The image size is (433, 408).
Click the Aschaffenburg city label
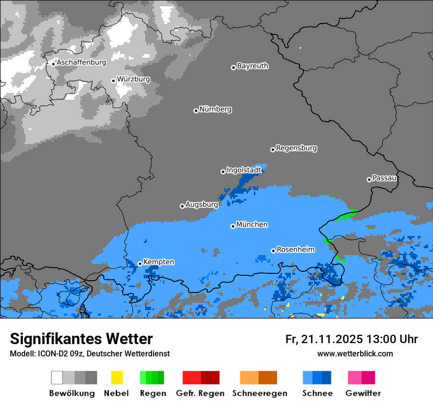[x=81, y=62]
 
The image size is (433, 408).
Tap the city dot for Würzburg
[x=113, y=81]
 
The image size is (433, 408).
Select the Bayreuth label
[x=252, y=66]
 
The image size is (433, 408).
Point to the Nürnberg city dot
[x=196, y=111]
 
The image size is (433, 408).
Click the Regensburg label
[x=296, y=148]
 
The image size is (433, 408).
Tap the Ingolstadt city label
[x=244, y=170]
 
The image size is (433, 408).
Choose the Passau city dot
[x=369, y=179]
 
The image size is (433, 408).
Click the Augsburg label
[x=201, y=204]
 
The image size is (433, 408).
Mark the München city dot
[x=233, y=226]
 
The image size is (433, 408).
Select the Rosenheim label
[x=295, y=250]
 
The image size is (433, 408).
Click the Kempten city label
[x=158, y=262]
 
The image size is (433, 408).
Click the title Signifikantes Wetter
[x=81, y=339]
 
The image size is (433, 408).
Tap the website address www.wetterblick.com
[x=355, y=353]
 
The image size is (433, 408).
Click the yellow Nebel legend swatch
[x=117, y=378]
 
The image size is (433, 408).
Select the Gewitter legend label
[x=363, y=393]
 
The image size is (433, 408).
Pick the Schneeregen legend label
[x=259, y=393]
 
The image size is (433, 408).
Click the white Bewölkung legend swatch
[x=57, y=378]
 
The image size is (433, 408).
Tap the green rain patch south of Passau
[x=347, y=214]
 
